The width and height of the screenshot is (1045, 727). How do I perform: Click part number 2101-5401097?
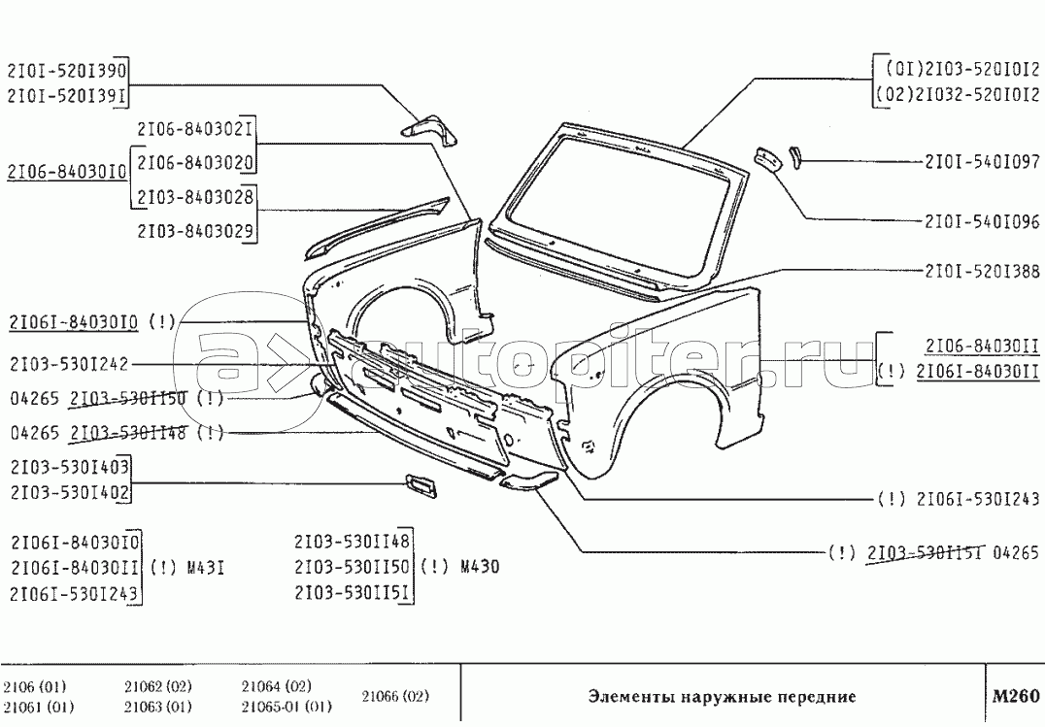click(x=981, y=162)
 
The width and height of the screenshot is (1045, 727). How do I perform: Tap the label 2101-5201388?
click(x=981, y=272)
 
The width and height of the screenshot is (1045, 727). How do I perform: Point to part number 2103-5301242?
click(x=68, y=365)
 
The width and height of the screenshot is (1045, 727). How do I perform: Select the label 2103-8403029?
click(x=195, y=231)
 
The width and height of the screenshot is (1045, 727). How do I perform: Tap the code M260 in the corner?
click(x=1015, y=696)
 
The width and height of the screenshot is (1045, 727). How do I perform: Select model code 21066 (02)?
click(x=395, y=696)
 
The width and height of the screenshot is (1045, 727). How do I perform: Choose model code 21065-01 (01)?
click(x=287, y=707)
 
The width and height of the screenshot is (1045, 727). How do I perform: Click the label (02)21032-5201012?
click(x=957, y=94)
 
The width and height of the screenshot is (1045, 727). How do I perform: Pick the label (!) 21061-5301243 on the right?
click(x=958, y=499)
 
